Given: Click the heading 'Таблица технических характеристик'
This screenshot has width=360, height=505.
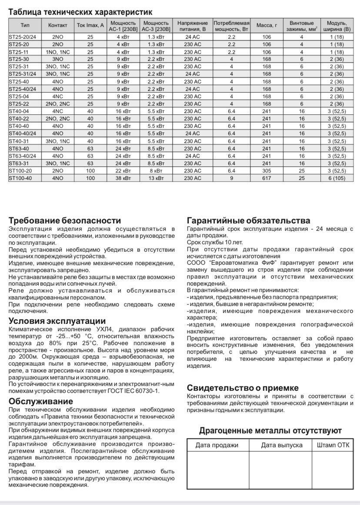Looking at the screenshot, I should coord(80,12).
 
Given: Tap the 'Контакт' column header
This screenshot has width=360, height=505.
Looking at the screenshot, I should coord(58,25).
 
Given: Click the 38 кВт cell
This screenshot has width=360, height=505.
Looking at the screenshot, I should coord(123,178).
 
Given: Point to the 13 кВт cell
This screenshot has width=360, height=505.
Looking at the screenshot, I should coord(156,178).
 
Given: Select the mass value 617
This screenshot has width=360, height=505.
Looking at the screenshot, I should coord(267,178).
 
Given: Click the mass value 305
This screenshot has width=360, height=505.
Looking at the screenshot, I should coord(267,171).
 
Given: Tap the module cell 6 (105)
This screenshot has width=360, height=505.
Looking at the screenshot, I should coord(337,178).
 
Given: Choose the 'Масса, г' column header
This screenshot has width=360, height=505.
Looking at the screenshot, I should coord(267,25).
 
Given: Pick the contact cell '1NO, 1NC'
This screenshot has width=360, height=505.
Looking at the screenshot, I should coord(58,52).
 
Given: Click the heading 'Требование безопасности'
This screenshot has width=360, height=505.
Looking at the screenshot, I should coord(65,220).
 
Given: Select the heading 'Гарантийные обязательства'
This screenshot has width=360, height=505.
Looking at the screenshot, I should coord(248,220).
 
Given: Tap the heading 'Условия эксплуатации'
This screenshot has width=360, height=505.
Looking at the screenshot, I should coord(57,321).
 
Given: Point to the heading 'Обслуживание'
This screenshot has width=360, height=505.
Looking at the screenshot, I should coord(41,401).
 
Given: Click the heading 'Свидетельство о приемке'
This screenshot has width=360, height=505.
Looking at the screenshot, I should coord(243,388).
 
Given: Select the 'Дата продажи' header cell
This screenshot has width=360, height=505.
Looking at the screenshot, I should coord(217,445).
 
